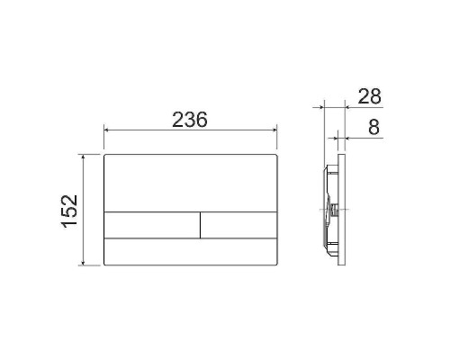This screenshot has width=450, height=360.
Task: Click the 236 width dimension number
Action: click(190, 120)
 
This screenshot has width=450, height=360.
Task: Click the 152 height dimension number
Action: click(70, 211)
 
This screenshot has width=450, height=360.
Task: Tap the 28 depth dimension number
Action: click(370, 96)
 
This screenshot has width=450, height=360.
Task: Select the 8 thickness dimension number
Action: click(373, 127)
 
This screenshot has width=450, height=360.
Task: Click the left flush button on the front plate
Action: click(152, 225)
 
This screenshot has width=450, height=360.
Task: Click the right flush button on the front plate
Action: click(238, 225)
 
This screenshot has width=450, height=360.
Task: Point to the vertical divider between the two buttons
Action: click(200, 225)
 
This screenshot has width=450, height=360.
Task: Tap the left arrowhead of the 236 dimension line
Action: click(106, 130)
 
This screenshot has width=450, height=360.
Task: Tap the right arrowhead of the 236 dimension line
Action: click(274, 130)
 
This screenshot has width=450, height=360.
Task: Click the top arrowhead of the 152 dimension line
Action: click(84, 157)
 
